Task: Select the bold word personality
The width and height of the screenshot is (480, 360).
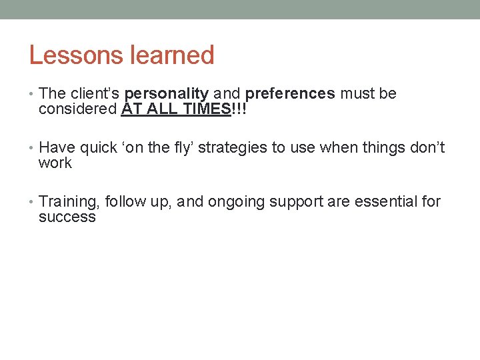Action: (x=167, y=94)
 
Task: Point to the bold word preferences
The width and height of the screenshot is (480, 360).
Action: (x=290, y=94)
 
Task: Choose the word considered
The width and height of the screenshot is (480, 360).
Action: (x=78, y=109)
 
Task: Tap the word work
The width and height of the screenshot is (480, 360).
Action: (x=55, y=163)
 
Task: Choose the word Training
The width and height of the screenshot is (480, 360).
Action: (x=69, y=202)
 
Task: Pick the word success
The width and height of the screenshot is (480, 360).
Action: (x=67, y=217)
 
